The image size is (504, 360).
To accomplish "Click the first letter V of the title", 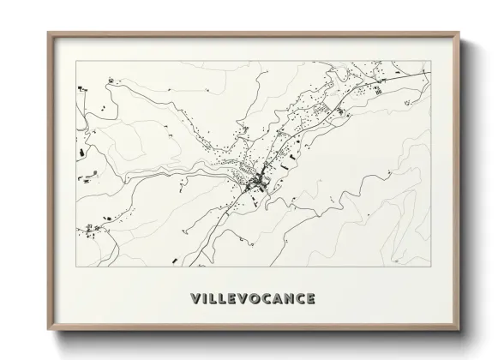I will click(194, 299).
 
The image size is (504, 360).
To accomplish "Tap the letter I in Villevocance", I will click(204, 299).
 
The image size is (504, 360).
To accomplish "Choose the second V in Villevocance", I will click(239, 299).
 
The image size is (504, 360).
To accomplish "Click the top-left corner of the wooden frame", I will click(47, 33).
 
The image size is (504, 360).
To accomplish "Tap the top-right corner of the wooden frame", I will click(460, 33).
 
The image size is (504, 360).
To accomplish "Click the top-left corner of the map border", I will click(76, 61).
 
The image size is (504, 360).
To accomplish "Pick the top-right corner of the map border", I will click(430, 61).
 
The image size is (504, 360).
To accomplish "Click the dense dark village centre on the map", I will click(255, 183).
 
